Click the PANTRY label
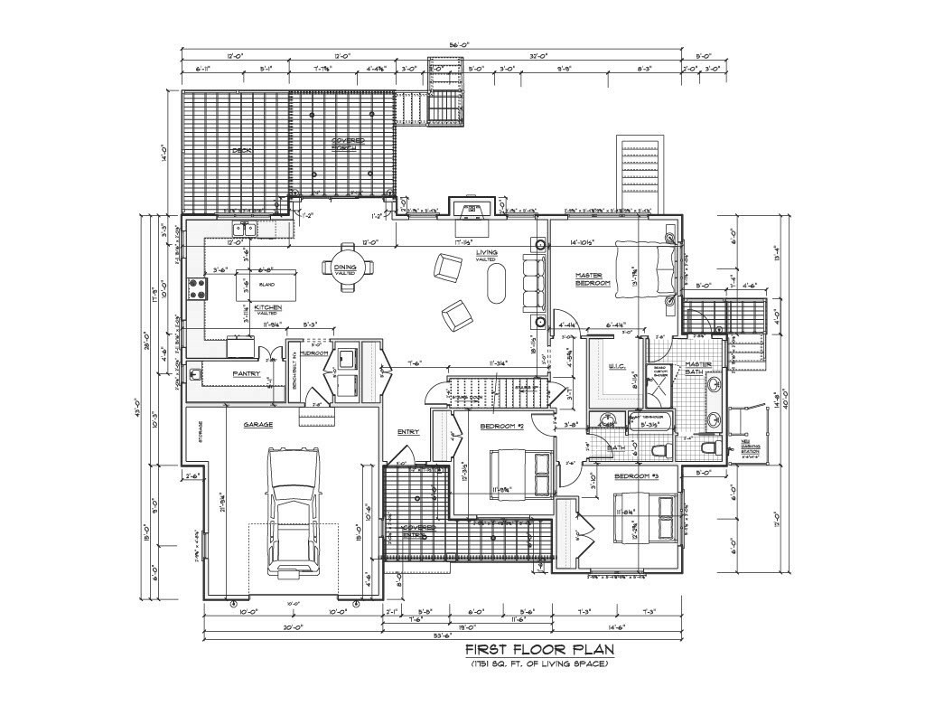[246, 373]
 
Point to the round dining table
[345, 270]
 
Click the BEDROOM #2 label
[501, 426]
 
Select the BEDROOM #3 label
[637, 475]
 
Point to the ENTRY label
[408, 432]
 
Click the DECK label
[240, 150]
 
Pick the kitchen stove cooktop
[197, 288]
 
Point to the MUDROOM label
[315, 353]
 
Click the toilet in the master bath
[706, 448]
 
